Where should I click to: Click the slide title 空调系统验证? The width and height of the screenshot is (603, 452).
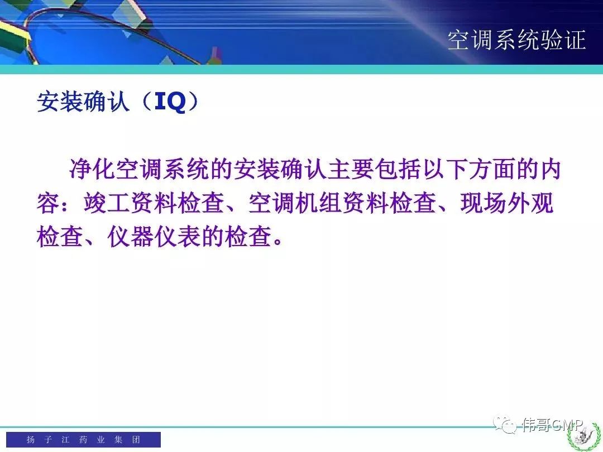coord(516,40)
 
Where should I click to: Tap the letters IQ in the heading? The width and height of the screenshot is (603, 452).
coord(170,102)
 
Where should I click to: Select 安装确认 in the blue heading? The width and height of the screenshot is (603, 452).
coord(83,102)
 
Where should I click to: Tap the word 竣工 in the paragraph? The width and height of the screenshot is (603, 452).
coord(107,203)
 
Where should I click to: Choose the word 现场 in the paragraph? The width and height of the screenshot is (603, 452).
coord(484,203)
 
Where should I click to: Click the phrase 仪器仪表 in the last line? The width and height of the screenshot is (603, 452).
coord(154,236)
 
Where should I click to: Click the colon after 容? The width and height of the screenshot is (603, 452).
coord(66,204)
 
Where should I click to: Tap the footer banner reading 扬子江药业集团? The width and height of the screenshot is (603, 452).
coord(83,439)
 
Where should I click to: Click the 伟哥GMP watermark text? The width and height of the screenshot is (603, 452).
coord(553,425)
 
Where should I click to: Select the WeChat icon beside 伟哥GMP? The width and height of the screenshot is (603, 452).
coord(505,424)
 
